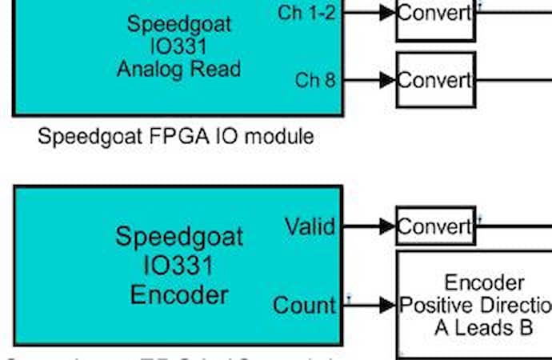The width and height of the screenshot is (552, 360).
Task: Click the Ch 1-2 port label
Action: point(306,13)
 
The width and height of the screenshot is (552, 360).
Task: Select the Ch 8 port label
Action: point(315,80)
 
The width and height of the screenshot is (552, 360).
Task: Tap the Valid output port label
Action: point(310,226)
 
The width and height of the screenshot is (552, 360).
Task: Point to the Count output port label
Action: point(304,305)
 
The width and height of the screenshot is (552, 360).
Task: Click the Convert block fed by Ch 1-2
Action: point(435,14)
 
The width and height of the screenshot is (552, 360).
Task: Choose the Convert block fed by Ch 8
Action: point(435,80)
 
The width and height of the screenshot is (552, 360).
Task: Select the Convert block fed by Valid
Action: point(435,227)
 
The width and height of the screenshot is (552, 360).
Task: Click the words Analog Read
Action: point(179,69)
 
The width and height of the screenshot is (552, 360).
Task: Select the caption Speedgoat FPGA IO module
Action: point(176,137)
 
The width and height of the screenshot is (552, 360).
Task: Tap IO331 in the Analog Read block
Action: point(179,46)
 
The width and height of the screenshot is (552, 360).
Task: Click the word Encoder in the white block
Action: point(485,282)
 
